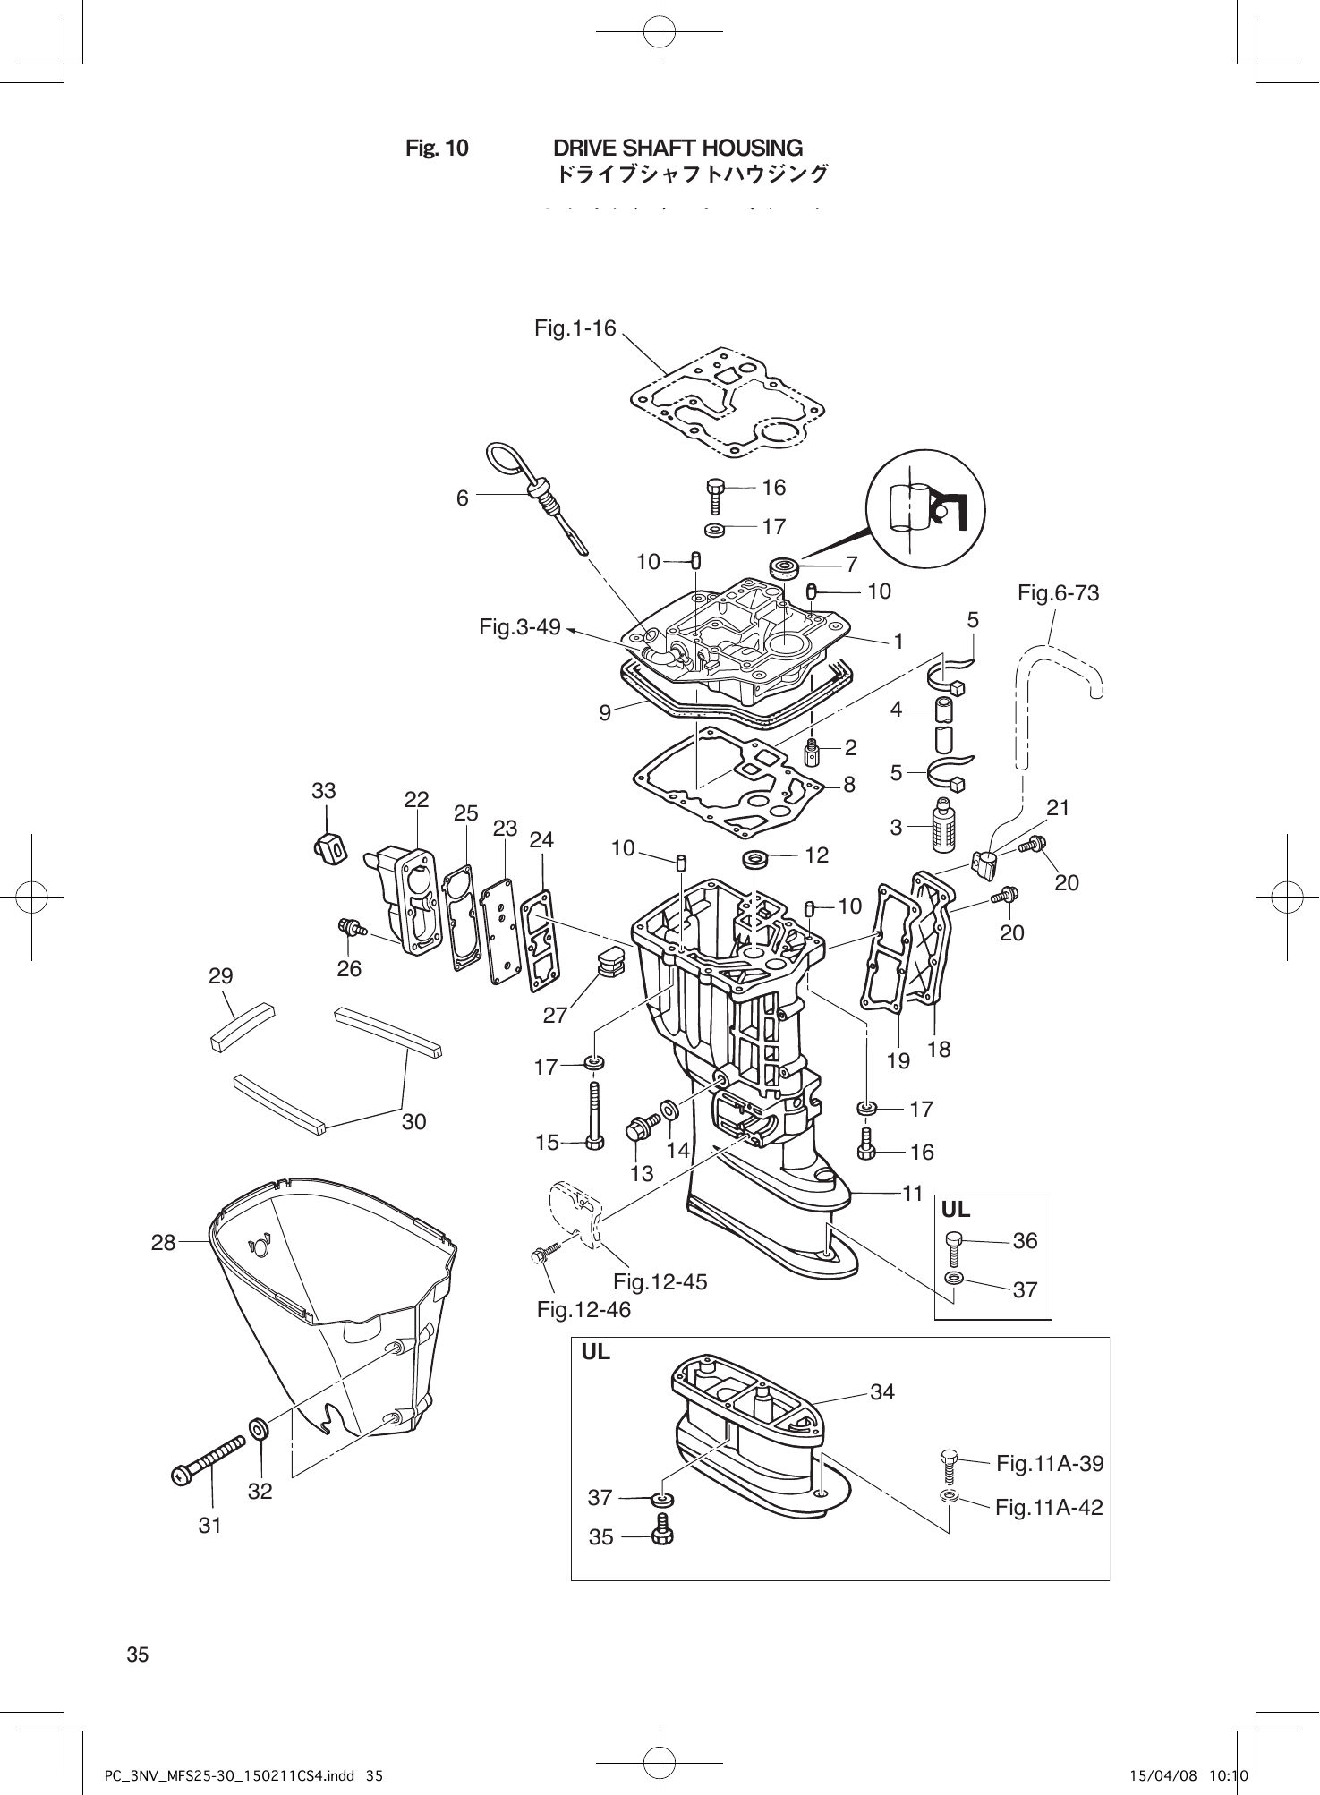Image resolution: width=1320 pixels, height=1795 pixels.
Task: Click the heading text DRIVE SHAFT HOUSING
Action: click(x=677, y=148)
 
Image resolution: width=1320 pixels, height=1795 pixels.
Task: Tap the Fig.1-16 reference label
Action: click(x=575, y=328)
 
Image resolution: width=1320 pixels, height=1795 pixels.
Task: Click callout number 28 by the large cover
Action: click(x=163, y=1242)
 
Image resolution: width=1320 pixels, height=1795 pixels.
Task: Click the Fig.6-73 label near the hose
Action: click(x=1058, y=593)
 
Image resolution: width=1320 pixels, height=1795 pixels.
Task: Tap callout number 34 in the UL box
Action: click(x=881, y=1391)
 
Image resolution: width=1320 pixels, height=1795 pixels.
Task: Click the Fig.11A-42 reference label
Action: click(x=1049, y=1507)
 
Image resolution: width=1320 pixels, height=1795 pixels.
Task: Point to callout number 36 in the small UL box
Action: click(x=1025, y=1241)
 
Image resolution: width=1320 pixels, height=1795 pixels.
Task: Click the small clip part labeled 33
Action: click(x=329, y=846)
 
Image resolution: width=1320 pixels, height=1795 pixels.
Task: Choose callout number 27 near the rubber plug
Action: click(x=555, y=1015)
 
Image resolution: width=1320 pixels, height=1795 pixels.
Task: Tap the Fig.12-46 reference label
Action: click(x=583, y=1310)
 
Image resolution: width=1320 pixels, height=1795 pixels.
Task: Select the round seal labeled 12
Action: click(x=756, y=861)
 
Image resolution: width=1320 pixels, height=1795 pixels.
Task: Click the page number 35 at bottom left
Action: click(x=138, y=1655)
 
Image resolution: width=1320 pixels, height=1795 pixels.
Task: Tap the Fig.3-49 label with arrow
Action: click(x=519, y=627)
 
